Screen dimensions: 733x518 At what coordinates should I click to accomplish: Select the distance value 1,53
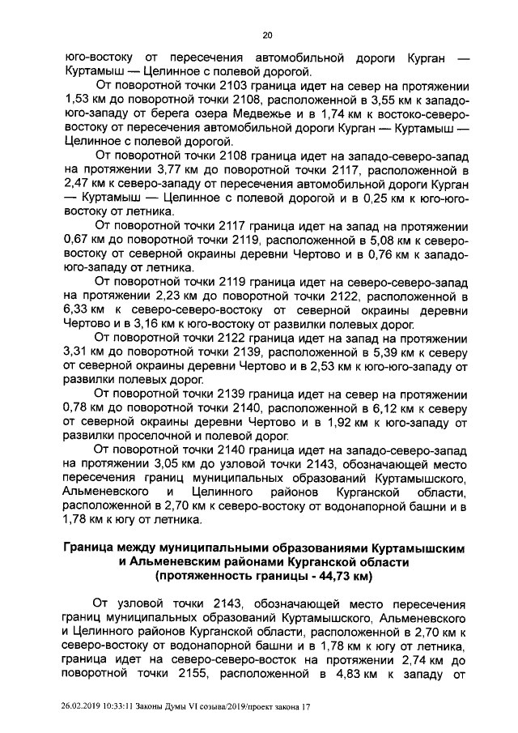[x=75, y=100]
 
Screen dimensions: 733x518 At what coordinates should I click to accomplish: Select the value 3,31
[x=75, y=352]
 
